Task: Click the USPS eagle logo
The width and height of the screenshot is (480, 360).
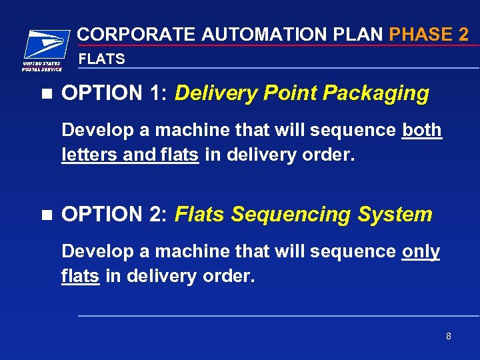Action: [45, 45]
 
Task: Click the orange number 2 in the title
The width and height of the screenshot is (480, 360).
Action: [464, 34]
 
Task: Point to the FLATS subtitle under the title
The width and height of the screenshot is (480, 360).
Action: [102, 59]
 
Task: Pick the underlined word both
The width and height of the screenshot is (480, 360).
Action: [422, 129]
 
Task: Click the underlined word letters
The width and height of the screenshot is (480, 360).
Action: [85, 155]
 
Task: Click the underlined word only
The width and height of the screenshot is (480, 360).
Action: [421, 251]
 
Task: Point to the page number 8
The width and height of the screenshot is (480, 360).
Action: [449, 336]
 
